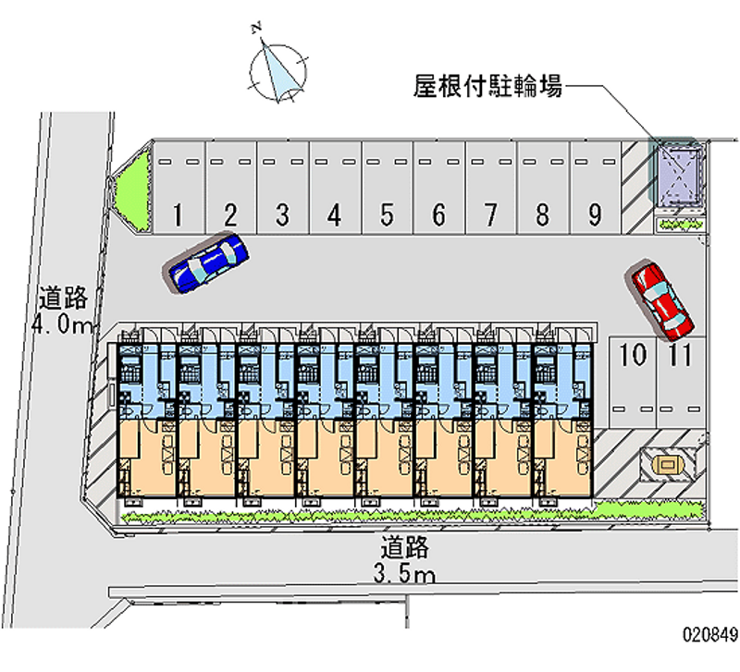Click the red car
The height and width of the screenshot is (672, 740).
(x=660, y=299)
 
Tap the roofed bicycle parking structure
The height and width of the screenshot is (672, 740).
(x=679, y=177)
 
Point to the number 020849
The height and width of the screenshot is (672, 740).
(x=709, y=636)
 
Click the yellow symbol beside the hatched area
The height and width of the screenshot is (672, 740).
(x=666, y=462)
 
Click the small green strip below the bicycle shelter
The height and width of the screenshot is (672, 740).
(x=679, y=224)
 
